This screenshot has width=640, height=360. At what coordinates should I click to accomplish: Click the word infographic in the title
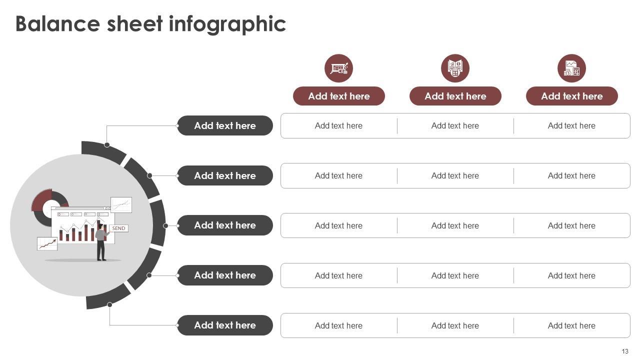tap(227, 24)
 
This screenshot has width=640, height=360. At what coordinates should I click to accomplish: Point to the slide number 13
tap(625, 351)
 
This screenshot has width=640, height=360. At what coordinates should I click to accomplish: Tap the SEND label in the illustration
tap(118, 228)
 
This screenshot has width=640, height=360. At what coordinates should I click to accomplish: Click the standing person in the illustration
tap(101, 242)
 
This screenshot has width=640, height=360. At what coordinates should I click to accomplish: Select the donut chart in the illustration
tap(49, 207)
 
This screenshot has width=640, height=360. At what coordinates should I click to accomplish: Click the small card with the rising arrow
tap(47, 244)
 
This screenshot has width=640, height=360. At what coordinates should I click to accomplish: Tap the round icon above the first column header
tap(338, 68)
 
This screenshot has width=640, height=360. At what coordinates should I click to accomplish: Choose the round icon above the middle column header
tap(455, 68)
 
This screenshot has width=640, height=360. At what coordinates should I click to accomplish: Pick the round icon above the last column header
tap(571, 68)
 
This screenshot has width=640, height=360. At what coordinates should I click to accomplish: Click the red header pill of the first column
tap(338, 96)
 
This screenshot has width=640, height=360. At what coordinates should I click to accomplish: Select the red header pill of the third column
tap(571, 96)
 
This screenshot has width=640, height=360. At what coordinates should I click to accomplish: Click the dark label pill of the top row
tap(225, 125)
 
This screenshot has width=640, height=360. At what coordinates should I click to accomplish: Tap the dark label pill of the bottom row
tap(225, 325)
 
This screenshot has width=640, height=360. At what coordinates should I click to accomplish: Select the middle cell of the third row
tap(455, 225)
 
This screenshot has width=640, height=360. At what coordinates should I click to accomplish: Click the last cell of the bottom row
tap(571, 325)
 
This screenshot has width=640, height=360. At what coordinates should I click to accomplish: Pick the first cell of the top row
tap(338, 125)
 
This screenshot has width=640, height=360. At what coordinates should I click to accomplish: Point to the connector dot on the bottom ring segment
tap(109, 305)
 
